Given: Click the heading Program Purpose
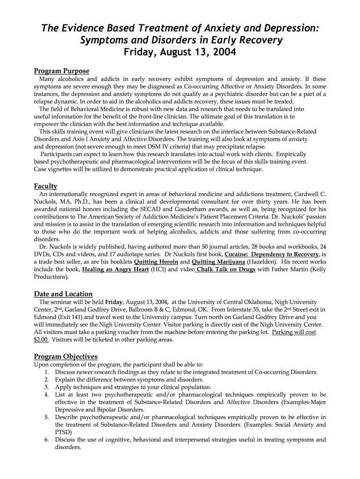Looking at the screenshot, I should [x=61, y=71].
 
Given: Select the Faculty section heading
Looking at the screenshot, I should [x=45, y=186].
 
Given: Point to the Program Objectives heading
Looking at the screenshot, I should [x=65, y=356].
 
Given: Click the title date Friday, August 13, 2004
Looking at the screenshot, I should [x=180, y=52].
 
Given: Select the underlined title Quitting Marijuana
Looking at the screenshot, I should [x=218, y=261].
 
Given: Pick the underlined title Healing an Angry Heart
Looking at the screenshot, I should [x=115, y=269].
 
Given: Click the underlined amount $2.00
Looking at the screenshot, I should [x=41, y=340].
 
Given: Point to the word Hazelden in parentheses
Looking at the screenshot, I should [x=262, y=261].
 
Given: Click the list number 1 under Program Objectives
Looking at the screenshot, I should [x=47, y=372].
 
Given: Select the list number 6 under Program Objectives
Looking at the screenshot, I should [x=47, y=440].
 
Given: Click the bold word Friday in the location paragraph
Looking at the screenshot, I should [x=114, y=302].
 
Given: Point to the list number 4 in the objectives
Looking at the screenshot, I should [x=47, y=395].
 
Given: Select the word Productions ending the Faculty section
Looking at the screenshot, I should [x=51, y=277].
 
